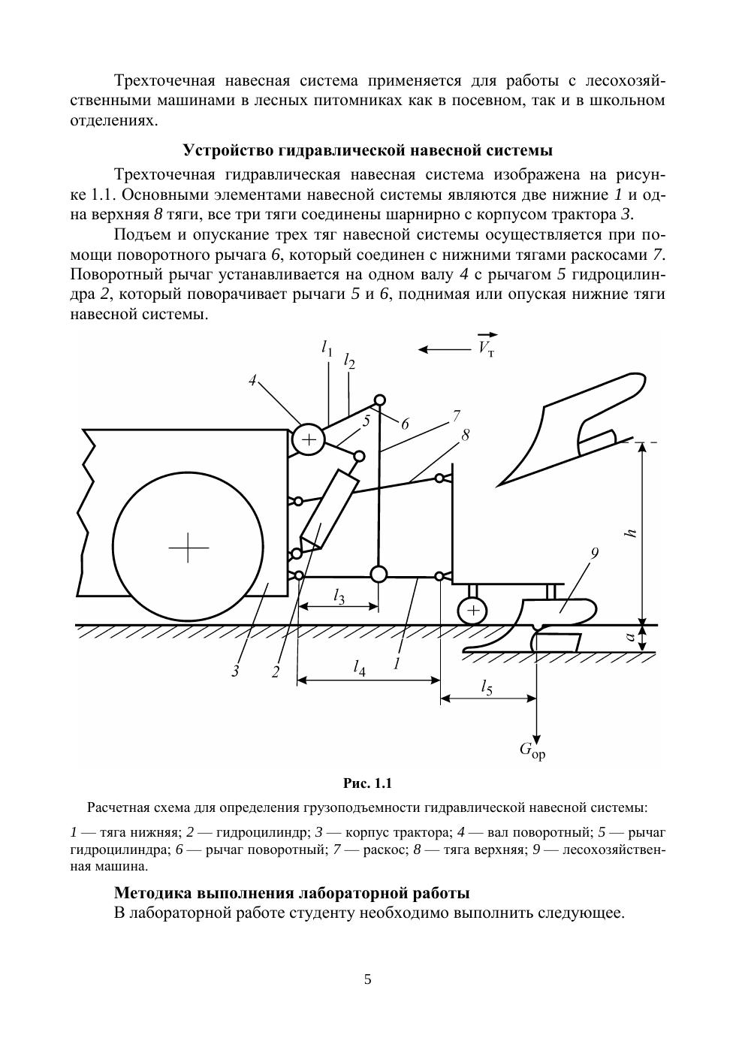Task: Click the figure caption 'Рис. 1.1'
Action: [367, 783]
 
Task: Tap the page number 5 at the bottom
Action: [367, 979]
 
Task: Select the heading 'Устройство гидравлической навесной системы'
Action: [367, 149]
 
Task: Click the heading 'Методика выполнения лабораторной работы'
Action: [291, 893]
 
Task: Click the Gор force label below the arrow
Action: [532, 750]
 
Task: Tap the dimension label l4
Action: [360, 666]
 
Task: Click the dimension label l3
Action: [339, 597]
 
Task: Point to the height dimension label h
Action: [632, 533]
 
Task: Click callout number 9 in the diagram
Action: [594, 554]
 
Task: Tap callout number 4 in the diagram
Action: [253, 381]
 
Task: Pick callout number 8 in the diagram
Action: [465, 435]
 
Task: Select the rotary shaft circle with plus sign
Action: [307, 439]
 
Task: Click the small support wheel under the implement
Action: [472, 610]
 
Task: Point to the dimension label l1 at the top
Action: [327, 347]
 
